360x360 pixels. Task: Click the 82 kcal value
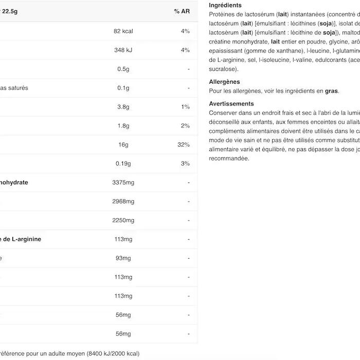coord(123,31)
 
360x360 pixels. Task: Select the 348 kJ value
coord(123,50)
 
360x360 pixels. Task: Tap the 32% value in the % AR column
coord(184,145)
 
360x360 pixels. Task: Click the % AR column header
coord(182,11)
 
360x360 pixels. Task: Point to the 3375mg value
coord(123,183)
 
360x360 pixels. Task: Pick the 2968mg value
coord(123,202)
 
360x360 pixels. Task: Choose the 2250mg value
coord(123,221)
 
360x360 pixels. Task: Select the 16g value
coord(123,145)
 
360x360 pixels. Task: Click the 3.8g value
coord(123,107)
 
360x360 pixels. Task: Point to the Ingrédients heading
coord(225,5)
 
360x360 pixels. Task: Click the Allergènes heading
coord(224,82)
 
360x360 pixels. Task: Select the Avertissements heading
coord(231,104)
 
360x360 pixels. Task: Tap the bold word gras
coord(331,91)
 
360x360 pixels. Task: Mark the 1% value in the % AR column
coord(185,107)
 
